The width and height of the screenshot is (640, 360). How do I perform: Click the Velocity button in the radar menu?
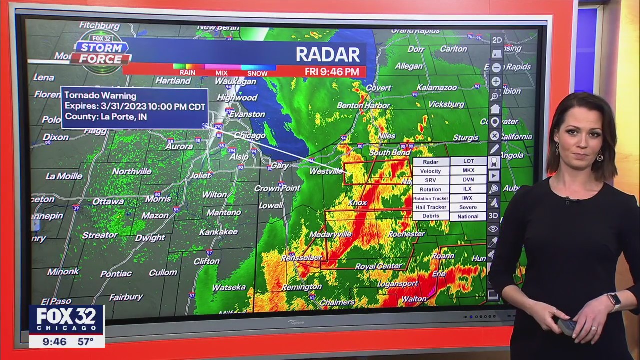click(430, 171)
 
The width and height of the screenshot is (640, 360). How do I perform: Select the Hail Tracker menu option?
click(430, 207)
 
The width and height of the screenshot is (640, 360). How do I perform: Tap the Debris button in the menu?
click(430, 216)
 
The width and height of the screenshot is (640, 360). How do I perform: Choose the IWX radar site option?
click(468, 198)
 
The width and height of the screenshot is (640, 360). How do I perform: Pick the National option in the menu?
click(468, 217)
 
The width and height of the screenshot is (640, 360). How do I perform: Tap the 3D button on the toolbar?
click(493, 216)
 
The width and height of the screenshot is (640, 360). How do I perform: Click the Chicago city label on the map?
click(250, 136)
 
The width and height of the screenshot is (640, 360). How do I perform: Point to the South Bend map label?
click(389, 152)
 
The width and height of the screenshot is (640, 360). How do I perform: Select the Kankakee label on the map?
click(218, 232)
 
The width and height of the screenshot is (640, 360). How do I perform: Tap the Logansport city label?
click(398, 284)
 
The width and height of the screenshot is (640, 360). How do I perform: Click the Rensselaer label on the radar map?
click(301, 258)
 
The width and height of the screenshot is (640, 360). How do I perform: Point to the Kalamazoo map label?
click(437, 88)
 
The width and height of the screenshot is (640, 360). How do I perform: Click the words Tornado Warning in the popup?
click(100, 96)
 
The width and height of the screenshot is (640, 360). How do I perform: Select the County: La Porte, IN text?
click(105, 117)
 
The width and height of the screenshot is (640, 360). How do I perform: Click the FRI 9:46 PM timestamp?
click(332, 72)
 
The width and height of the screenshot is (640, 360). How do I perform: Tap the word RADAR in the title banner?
click(327, 54)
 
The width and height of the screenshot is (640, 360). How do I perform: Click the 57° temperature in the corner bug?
click(85, 342)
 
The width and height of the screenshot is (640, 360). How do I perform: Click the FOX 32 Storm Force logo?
click(102, 52)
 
